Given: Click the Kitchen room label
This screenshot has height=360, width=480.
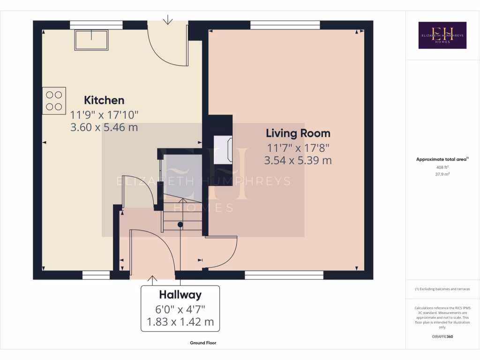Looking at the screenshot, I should pos(104,100).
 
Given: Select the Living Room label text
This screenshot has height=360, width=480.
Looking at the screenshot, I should pos(298,133).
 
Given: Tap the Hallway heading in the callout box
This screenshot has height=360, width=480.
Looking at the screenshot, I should pos(180,295).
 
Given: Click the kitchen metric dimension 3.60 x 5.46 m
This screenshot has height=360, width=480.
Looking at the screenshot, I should pos(104,127).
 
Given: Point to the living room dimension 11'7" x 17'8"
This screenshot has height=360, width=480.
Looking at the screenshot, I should pos(298,147).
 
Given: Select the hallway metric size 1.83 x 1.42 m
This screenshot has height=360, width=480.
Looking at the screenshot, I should pos(180,322).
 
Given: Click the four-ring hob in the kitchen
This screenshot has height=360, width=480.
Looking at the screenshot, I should pos(54,101).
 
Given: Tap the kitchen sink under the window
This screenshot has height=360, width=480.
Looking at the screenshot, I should pos(91,39).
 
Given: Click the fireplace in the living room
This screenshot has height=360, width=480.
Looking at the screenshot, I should pos(223,150).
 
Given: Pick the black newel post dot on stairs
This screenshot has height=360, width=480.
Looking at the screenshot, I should pos(180,225).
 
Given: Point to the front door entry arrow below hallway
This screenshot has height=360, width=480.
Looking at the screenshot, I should pos(152,280).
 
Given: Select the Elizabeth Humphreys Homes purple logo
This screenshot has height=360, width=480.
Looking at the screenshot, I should pos(442,35).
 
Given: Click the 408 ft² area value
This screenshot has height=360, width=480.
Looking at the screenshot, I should pos(442,167).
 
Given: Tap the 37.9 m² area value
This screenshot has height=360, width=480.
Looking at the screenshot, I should pos(442,174).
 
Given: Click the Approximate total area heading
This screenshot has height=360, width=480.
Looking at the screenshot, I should pos(442,159).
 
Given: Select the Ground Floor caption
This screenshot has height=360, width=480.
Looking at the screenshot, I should pos(203,343).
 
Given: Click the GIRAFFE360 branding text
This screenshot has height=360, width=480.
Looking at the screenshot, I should pos(442,337).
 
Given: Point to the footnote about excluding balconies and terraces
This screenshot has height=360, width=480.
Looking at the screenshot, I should pos(442,289).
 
